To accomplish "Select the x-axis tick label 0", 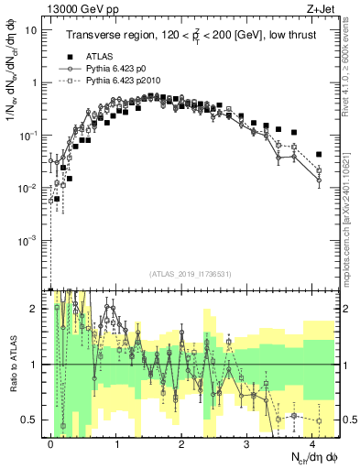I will (x=50, y=442).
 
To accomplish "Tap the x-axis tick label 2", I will (x=181, y=442).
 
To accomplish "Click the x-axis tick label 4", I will (x=312, y=442).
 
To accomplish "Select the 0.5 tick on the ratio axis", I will (x=30, y=420).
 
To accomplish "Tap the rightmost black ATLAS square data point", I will (x=318, y=154).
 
